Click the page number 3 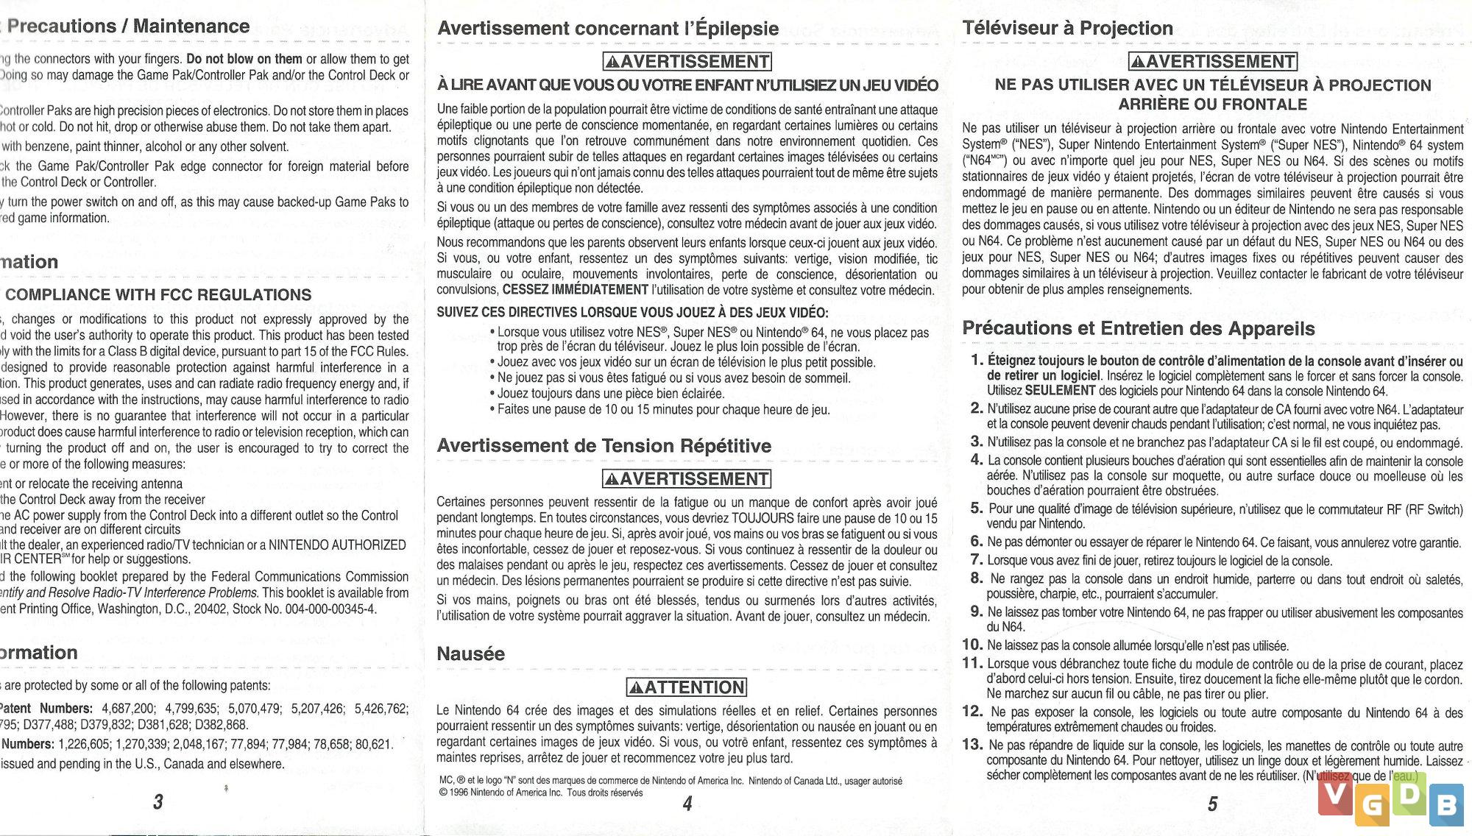(158, 801)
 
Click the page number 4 (687, 803)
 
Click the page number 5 (1212, 804)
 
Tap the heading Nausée (471, 653)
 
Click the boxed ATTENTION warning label (687, 687)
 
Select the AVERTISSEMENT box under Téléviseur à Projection (1213, 61)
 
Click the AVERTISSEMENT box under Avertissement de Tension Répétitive (687, 479)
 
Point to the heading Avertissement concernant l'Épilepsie (608, 29)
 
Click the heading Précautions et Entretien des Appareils (1139, 328)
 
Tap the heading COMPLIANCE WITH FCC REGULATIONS (158, 295)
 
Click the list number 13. (972, 744)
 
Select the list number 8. (977, 578)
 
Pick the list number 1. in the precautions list (977, 360)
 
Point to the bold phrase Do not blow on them (244, 59)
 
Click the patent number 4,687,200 (128, 709)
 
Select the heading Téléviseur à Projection (1068, 29)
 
